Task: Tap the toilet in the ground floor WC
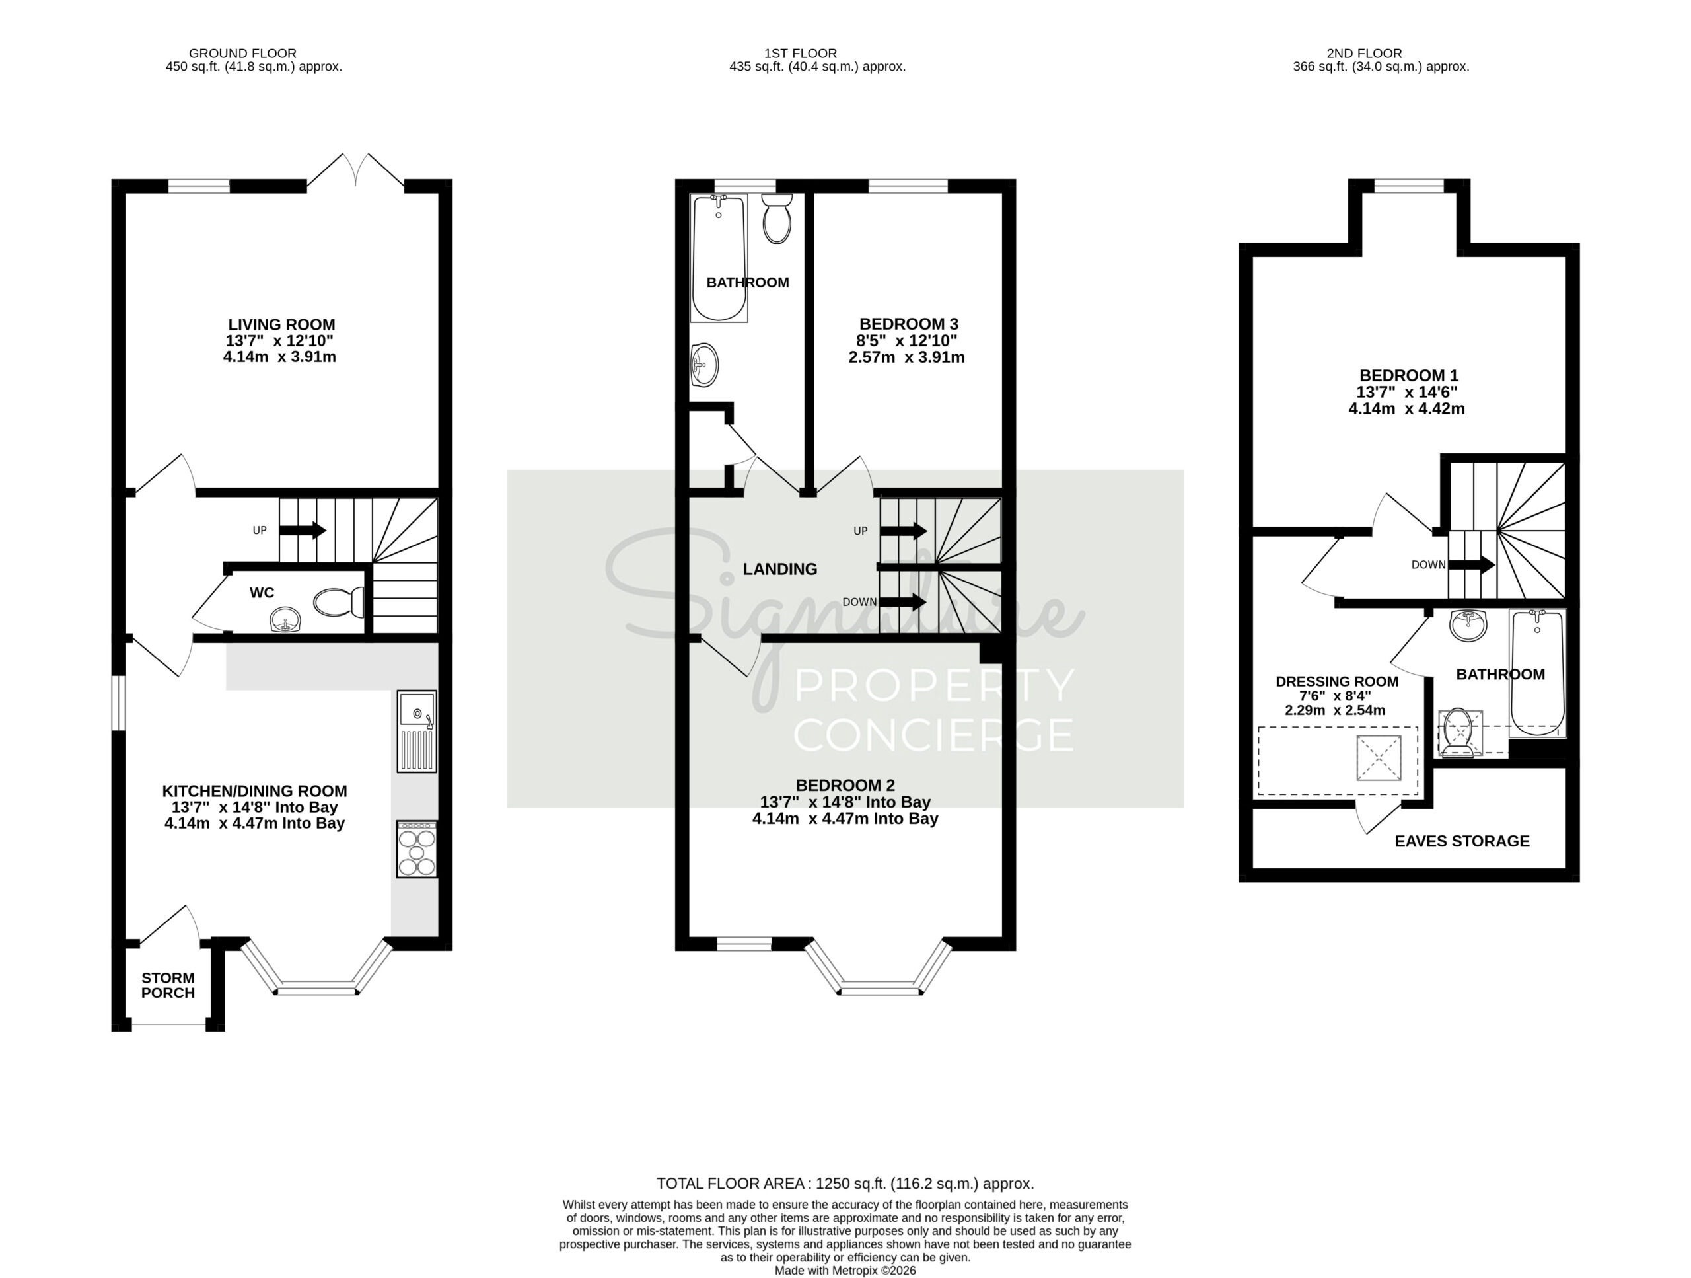(x=339, y=603)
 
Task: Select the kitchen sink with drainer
(x=417, y=731)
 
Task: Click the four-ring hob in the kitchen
(x=417, y=849)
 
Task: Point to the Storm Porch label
(x=168, y=985)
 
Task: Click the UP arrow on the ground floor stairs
(x=303, y=530)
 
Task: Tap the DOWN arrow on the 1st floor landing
(x=903, y=602)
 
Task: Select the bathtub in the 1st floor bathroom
(x=719, y=258)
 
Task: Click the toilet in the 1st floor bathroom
(x=777, y=219)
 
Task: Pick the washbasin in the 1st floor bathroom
(x=705, y=365)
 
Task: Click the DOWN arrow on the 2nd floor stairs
(x=1472, y=565)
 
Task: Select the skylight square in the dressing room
(x=1379, y=758)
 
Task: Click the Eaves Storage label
(x=1462, y=841)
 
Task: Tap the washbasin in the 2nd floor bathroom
(x=1468, y=626)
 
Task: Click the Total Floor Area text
(x=845, y=1184)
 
